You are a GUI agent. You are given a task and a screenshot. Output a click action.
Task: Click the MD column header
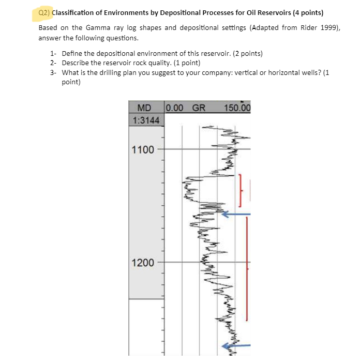(144, 108)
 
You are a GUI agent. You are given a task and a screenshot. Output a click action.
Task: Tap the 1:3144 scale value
(146, 120)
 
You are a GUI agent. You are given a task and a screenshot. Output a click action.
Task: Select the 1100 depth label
(143, 150)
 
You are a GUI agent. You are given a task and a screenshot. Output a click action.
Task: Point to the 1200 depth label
(143, 263)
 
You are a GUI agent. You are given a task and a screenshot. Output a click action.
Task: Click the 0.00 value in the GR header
(175, 108)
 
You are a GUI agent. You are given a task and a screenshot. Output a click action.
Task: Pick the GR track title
(199, 108)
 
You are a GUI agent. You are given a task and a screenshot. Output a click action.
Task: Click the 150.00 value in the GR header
(237, 108)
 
